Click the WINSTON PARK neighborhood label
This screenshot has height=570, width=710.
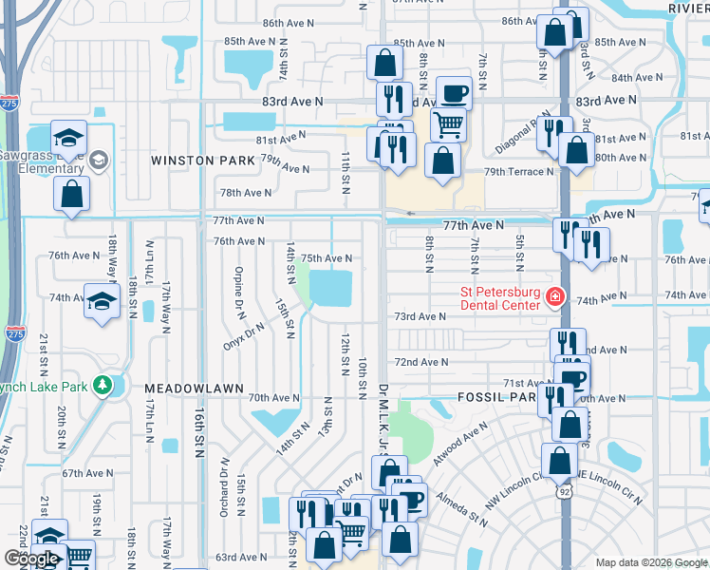pyautogui.click(x=203, y=161)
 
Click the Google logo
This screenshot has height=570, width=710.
pyautogui.click(x=32, y=560)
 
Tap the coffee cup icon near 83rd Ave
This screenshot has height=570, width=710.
pyautogui.click(x=453, y=92)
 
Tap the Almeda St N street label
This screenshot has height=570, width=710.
pyautogui.click(x=462, y=509)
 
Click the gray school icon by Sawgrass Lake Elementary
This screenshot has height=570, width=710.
pyautogui.click(x=99, y=161)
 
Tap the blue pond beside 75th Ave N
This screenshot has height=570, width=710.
pyautogui.click(x=330, y=287)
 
